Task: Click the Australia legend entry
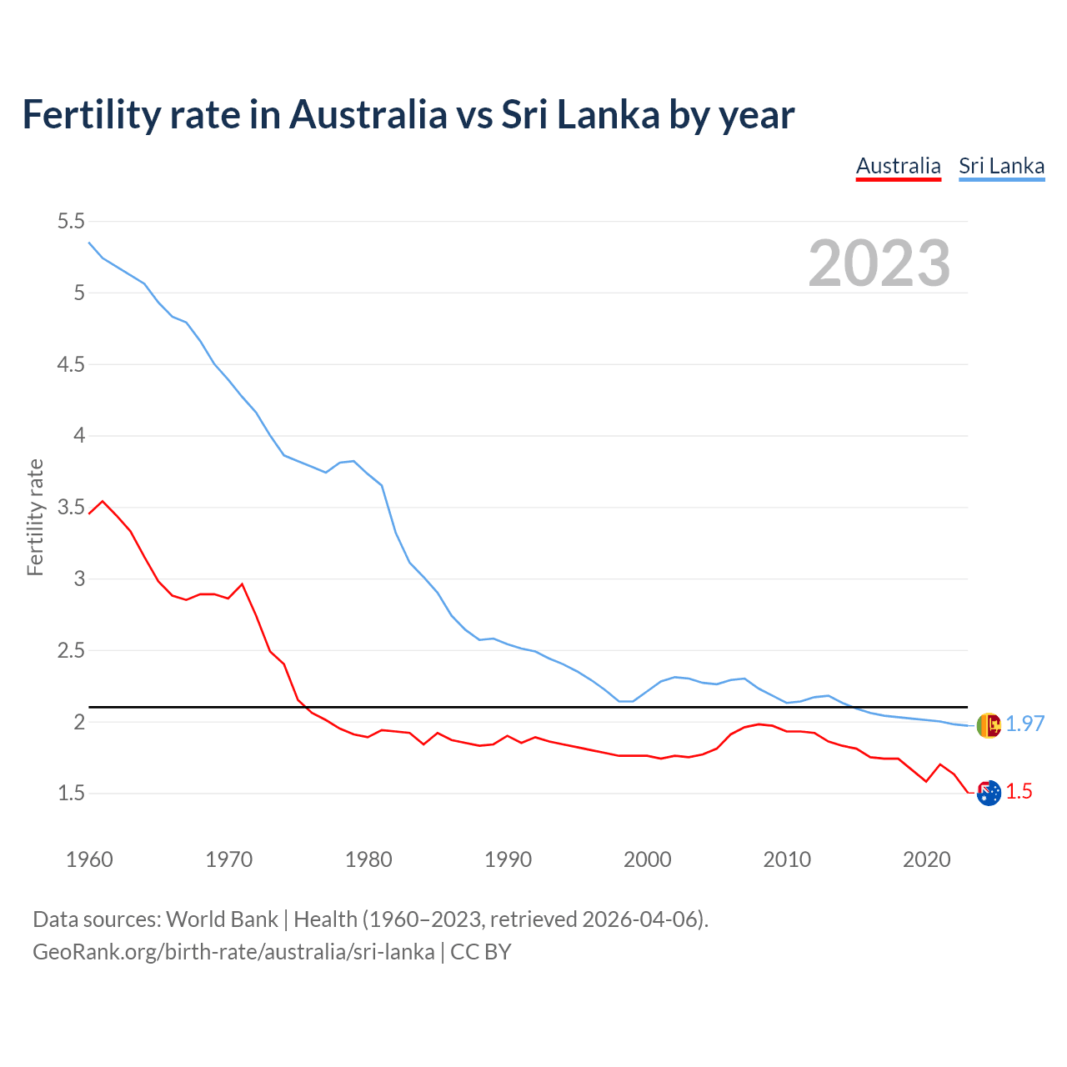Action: coord(898,166)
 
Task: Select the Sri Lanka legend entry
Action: coord(1001,166)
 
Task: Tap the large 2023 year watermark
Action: coord(879,263)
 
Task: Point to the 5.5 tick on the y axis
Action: coord(71,221)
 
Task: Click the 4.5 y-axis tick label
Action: coord(71,364)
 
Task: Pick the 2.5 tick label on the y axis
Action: coord(71,650)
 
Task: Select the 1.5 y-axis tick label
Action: coord(71,793)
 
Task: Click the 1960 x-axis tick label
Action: coord(89,859)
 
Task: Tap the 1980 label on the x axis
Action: coord(368,859)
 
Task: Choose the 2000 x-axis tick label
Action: coord(647,859)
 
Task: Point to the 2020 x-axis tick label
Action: coord(926,859)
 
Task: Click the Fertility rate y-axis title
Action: coord(35,517)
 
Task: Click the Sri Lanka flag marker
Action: coord(989,725)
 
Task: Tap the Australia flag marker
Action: coord(989,794)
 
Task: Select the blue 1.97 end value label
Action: coord(1024,724)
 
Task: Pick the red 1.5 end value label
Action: coord(1019,792)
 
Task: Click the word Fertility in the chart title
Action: coord(90,114)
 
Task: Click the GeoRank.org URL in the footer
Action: coord(233,952)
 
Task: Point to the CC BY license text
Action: coord(481,952)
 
